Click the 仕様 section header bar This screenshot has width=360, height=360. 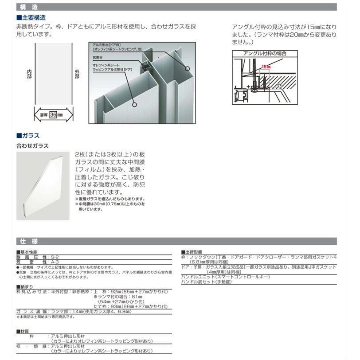[177, 242]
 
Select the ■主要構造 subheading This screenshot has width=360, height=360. [31, 18]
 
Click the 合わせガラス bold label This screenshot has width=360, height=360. [32, 145]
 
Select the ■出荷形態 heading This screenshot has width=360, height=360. [193, 252]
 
